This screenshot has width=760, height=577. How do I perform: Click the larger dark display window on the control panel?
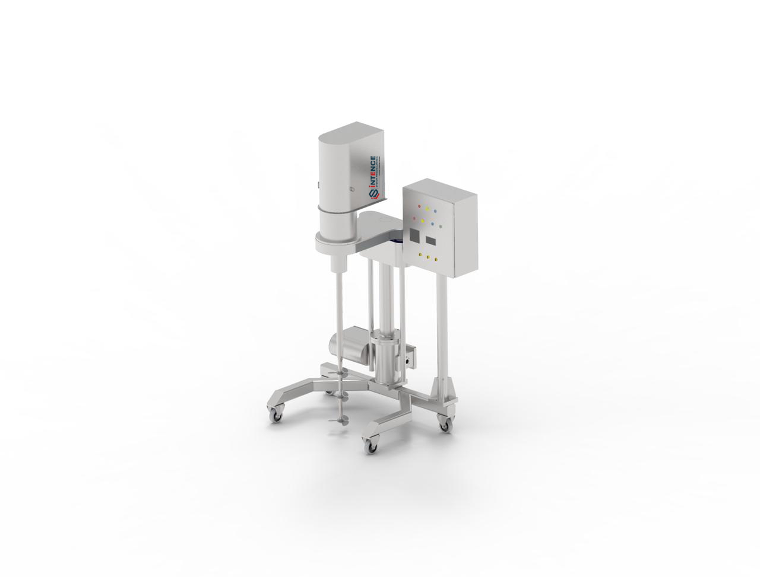pos(413,235)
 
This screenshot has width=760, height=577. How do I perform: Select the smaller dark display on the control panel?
pos(431,241)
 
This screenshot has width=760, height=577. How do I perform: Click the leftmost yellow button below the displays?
pos(421,256)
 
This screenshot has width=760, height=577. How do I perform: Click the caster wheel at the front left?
pos(276,416)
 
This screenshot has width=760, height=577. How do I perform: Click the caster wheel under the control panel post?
pos(445,425)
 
